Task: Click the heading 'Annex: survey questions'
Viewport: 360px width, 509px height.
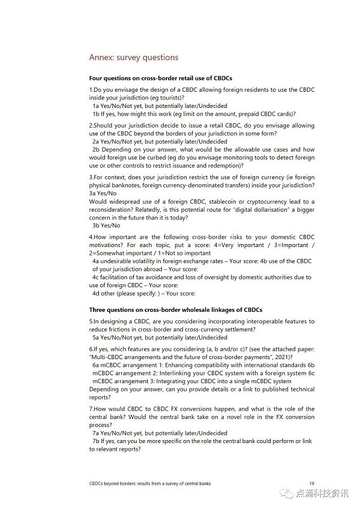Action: [133, 58]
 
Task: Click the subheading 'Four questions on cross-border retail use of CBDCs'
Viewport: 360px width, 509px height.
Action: [160, 79]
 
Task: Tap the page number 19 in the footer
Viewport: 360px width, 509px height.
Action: [311, 483]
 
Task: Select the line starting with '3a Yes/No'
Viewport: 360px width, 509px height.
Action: [103, 194]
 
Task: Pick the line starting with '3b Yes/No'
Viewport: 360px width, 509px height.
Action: [106, 225]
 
